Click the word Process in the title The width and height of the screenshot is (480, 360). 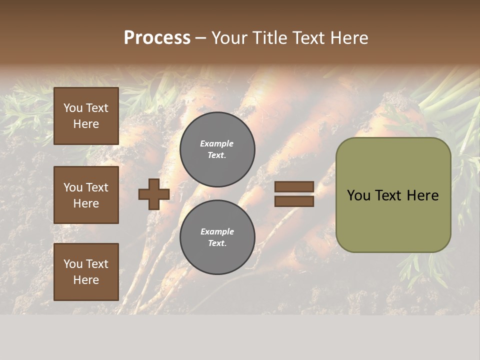(157, 38)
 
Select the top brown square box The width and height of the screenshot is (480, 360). (86, 116)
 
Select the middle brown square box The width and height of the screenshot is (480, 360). (86, 195)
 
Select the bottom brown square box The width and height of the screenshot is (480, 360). (86, 272)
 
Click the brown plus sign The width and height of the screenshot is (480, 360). (154, 194)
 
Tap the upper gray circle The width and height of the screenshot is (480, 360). (217, 149)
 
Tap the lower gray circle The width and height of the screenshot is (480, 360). (217, 237)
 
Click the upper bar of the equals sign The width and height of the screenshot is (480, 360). (294, 186)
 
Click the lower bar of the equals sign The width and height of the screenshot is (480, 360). (294, 201)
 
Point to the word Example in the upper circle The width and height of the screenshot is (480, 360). (217, 143)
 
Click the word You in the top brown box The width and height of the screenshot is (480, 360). (73, 108)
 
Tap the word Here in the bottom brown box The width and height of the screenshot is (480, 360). (86, 280)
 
